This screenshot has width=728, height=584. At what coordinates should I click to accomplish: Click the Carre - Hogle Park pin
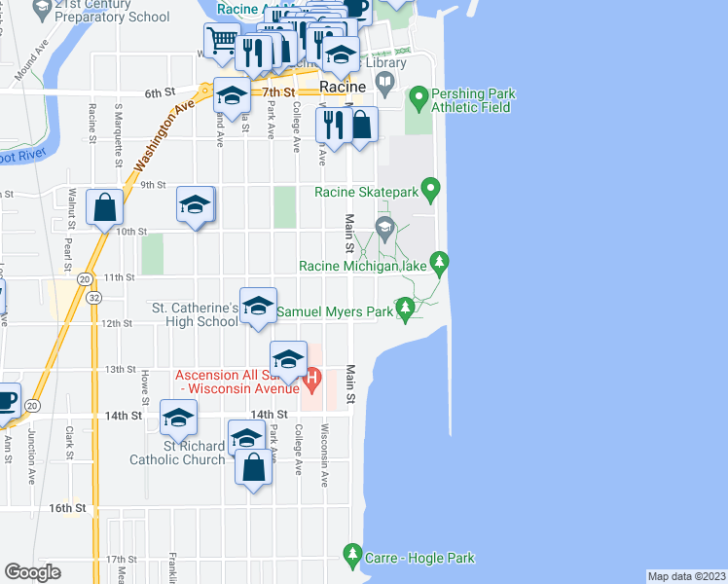click(x=352, y=556)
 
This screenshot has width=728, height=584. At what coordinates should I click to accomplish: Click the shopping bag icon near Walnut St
click(x=104, y=207)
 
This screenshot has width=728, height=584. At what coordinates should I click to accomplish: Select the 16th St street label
click(x=68, y=508)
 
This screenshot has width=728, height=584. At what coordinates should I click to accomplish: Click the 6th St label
click(x=159, y=92)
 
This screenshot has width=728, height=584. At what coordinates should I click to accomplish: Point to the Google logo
click(x=32, y=572)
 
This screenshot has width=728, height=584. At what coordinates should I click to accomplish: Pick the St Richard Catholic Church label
click(x=181, y=453)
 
